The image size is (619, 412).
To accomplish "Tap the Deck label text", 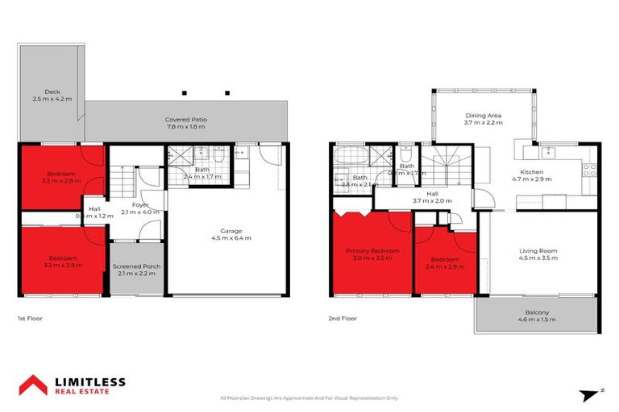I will click(x=52, y=91).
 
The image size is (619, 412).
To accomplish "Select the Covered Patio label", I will click(x=186, y=119).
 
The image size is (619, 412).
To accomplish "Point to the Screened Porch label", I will click(x=138, y=266).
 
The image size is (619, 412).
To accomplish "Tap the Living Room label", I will click(x=538, y=251).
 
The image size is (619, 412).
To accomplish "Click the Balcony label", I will click(x=538, y=312).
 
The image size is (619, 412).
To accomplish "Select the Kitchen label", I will click(x=531, y=172).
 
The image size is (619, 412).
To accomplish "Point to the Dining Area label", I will click(x=483, y=115).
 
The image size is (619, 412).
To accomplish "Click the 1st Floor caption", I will click(x=29, y=319).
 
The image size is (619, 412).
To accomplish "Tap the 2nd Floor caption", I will click(x=342, y=319).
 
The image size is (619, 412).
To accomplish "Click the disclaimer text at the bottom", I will click(x=309, y=398).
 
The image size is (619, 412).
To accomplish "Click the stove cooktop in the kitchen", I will click(x=589, y=170).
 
